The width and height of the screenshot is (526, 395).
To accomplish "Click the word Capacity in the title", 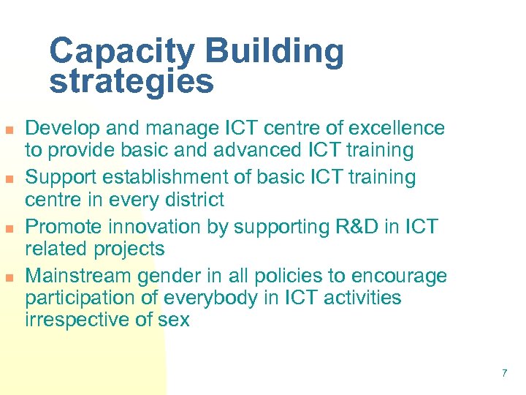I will point(122,51).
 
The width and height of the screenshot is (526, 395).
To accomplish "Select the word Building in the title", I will point(274,51).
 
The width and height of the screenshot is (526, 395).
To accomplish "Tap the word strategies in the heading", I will point(131,82).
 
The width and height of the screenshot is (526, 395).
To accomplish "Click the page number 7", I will point(504,374).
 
